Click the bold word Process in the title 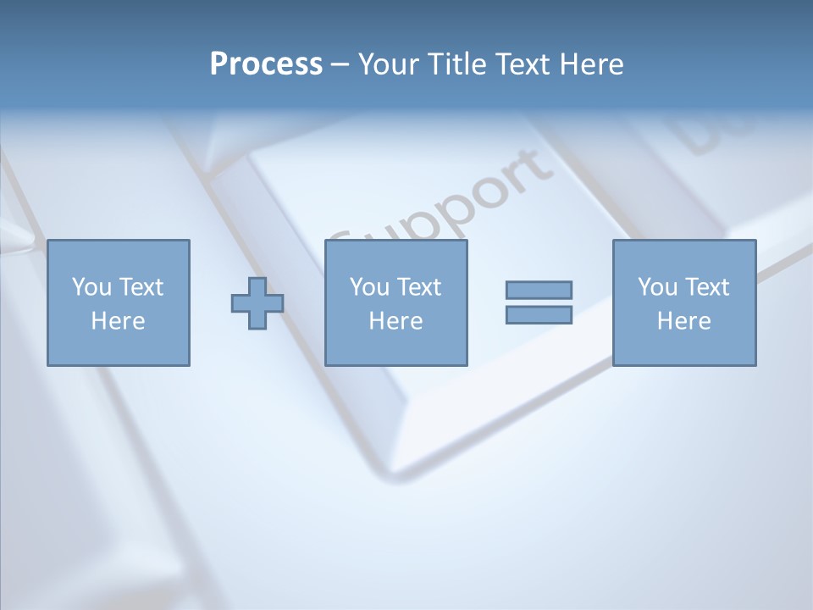pyautogui.click(x=266, y=64)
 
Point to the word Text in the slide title pyautogui.click(x=523, y=64)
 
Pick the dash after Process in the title pyautogui.click(x=340, y=65)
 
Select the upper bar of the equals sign pyautogui.click(x=539, y=290)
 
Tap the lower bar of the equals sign pyautogui.click(x=539, y=314)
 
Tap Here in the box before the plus pyautogui.click(x=118, y=321)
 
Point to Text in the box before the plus pyautogui.click(x=141, y=287)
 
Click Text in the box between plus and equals pyautogui.click(x=418, y=287)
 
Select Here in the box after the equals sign pyautogui.click(x=683, y=321)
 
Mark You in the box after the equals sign pyautogui.click(x=657, y=287)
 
